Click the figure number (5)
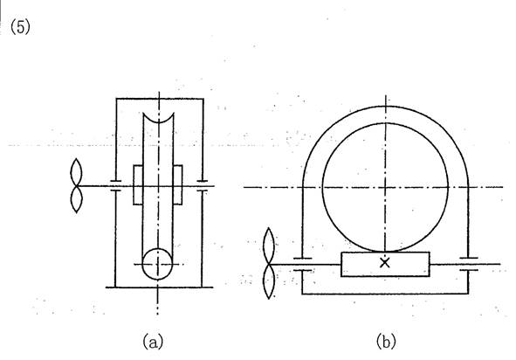(x=20, y=27)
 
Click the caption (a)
(x=153, y=342)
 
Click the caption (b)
(x=386, y=342)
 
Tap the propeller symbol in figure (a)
(x=76, y=186)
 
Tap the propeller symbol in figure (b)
(x=269, y=264)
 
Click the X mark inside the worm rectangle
(x=385, y=263)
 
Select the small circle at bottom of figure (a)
(x=157, y=264)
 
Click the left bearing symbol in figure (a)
(x=115, y=186)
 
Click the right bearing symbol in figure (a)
(x=202, y=186)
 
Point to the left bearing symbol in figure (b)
(x=302, y=264)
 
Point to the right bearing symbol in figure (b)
(x=468, y=264)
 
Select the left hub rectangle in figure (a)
(x=138, y=184)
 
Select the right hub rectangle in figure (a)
(x=177, y=184)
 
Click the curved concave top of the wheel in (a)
(x=158, y=122)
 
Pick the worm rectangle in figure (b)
(x=385, y=264)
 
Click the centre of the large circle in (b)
(x=385, y=187)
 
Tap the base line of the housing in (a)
(x=159, y=287)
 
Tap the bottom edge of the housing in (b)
(x=385, y=294)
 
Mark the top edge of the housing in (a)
(x=160, y=99)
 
